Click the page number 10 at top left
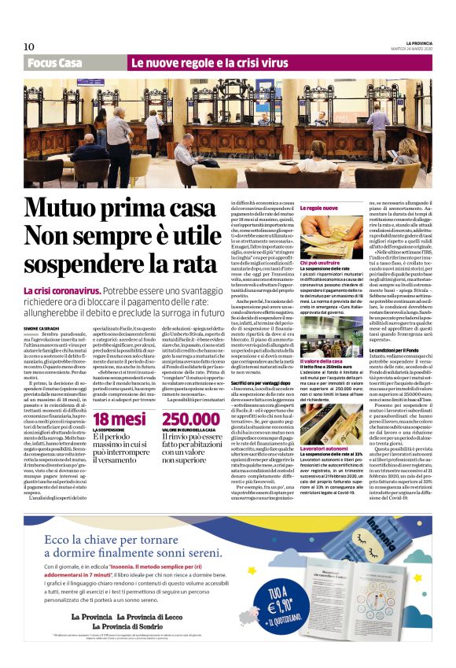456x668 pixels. (x=28, y=46)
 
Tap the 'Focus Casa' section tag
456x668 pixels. (x=54, y=63)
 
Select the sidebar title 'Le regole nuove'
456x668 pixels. (x=319, y=209)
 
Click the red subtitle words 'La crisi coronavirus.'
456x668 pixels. (x=61, y=291)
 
